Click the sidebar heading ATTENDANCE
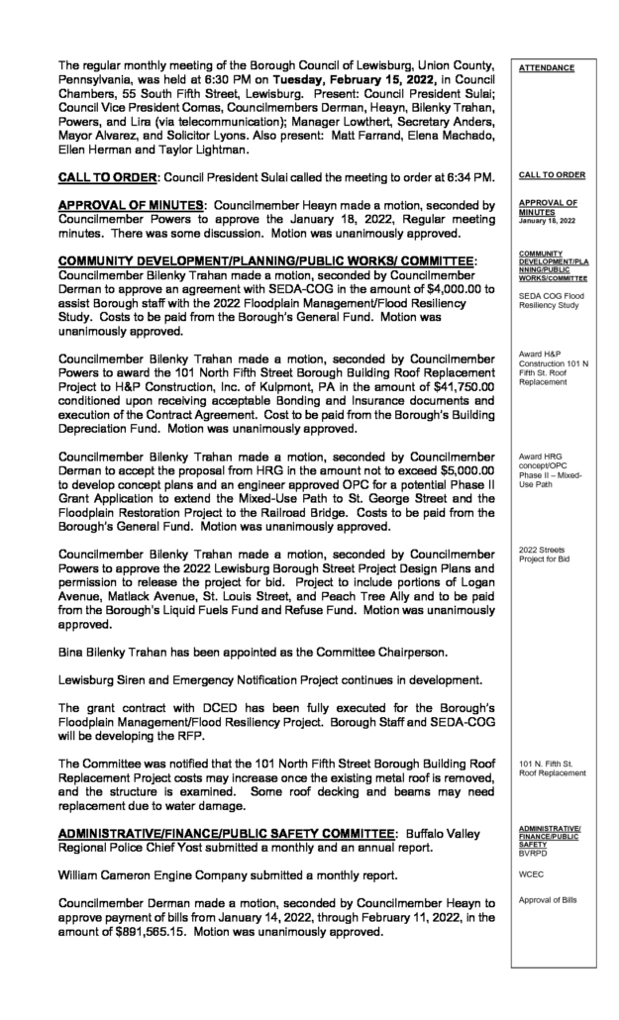click(x=546, y=68)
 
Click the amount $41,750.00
click(x=437, y=385)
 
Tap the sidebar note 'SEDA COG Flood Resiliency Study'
click(x=549, y=301)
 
